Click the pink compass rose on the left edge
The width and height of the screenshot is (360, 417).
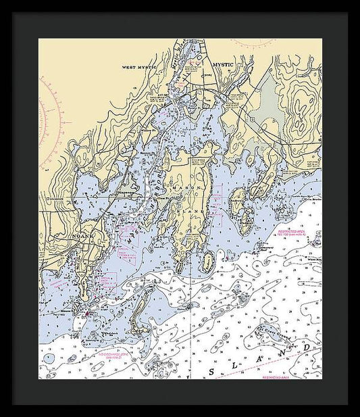pyautogui.click(x=50, y=115)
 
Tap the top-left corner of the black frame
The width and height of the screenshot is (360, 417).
pyautogui.click(x=14, y=14)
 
